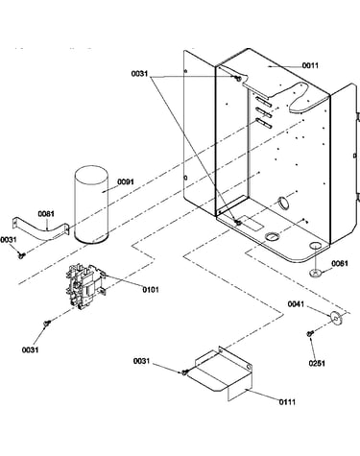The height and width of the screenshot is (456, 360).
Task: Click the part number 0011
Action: tap(310, 65)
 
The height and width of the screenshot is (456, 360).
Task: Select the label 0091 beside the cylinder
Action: tap(126, 181)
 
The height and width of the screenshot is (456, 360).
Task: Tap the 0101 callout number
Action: tap(151, 290)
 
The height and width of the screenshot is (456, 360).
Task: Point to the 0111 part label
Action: tap(287, 402)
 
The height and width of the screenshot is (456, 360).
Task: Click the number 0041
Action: tap(296, 303)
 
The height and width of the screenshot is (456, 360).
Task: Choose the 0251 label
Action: tap(317, 363)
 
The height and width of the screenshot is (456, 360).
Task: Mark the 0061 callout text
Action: tap(340, 263)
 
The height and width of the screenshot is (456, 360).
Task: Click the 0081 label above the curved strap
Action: tap(46, 213)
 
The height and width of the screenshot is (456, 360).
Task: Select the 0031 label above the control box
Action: tap(139, 74)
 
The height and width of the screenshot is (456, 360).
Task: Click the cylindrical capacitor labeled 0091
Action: tap(91, 204)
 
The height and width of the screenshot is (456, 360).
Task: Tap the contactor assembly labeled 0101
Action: tap(85, 287)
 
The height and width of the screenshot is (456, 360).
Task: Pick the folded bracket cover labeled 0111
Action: tap(223, 372)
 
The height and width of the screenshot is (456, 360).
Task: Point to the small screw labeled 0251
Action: tap(309, 333)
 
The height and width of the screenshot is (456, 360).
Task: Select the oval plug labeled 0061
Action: tap(315, 273)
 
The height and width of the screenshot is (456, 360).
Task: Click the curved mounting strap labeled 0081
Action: tap(40, 228)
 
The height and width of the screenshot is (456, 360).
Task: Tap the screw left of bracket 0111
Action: tap(184, 372)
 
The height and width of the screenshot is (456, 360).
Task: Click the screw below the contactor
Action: tap(46, 324)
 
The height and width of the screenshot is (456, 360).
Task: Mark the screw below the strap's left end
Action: tap(22, 254)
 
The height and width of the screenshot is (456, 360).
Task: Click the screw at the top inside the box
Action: tap(237, 78)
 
